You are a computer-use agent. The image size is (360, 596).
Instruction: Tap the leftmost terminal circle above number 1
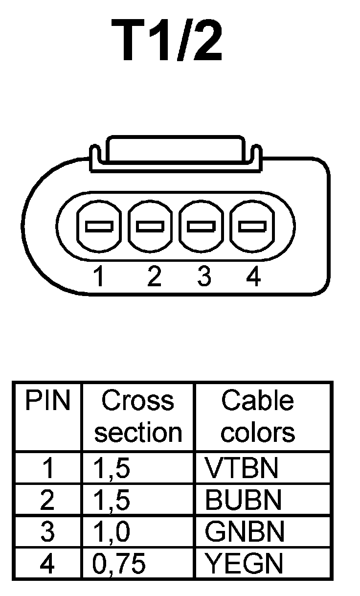point(99,226)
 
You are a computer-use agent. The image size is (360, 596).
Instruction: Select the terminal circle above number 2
point(151,226)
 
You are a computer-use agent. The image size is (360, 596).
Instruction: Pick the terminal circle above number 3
point(202,226)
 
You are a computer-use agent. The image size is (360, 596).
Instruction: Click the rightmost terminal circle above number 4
point(252,226)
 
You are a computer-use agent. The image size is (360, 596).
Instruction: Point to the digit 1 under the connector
point(99,277)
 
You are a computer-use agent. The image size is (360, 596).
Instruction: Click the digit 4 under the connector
point(253,277)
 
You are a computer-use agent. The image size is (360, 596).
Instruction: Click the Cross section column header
point(138,416)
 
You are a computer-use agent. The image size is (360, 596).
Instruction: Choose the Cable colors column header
point(258,416)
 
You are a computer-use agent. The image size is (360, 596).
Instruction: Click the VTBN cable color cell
point(242,468)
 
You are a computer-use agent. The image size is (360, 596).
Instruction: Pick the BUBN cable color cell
point(244,500)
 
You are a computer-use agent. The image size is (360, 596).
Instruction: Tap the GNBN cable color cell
point(244,532)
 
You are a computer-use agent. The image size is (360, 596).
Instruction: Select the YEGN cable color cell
point(244,564)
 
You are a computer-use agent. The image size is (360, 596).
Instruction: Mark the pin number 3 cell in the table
point(47,532)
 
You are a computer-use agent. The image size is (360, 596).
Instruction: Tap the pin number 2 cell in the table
point(47,500)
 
